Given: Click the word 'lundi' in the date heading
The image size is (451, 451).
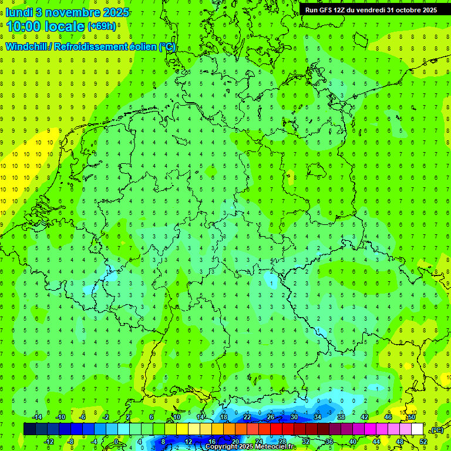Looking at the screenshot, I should [19, 12].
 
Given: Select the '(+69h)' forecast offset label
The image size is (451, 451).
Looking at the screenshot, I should [102, 27].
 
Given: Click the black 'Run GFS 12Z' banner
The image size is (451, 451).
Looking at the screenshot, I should [371, 10].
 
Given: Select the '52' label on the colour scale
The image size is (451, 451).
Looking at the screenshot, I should [423, 441].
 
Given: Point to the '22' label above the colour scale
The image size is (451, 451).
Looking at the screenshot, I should [247, 417].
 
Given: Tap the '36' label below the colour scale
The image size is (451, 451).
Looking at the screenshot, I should [329, 441].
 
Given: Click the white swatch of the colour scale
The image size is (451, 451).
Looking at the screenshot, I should [418, 429].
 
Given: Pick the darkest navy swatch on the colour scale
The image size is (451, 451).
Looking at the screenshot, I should [29, 429].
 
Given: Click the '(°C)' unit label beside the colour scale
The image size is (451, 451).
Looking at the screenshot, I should [437, 430].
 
